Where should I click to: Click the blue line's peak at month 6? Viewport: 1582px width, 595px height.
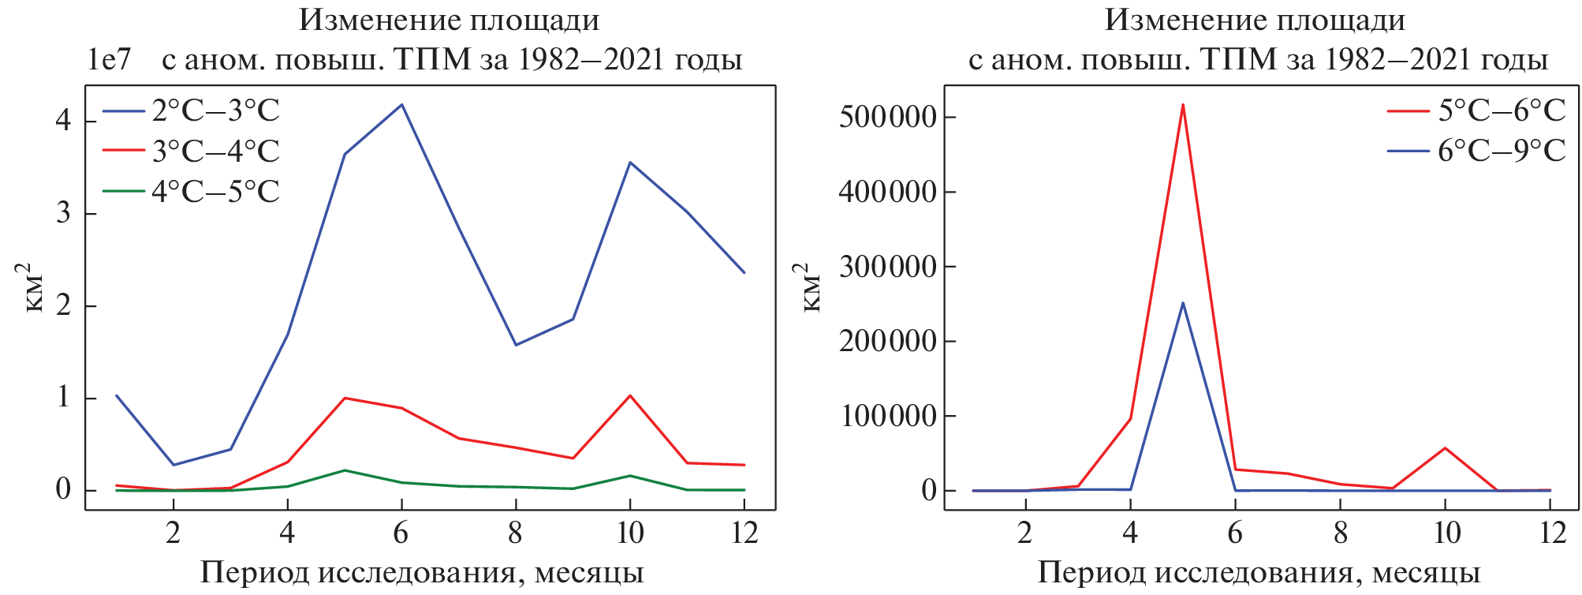pyautogui.click(x=401, y=104)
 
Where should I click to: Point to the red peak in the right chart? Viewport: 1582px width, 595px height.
pyautogui.click(x=1183, y=104)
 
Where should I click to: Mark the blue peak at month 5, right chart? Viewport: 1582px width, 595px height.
pyautogui.click(x=1183, y=302)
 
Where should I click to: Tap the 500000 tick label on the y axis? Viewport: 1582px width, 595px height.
pyautogui.click(x=887, y=118)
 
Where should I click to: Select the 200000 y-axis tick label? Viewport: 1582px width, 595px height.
pyautogui.click(x=887, y=342)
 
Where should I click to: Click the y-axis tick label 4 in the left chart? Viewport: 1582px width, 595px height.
pyautogui.click(x=63, y=121)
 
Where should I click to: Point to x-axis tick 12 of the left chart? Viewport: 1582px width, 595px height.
pyautogui.click(x=744, y=534)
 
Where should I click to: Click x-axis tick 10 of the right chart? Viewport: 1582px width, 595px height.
pyautogui.click(x=1446, y=534)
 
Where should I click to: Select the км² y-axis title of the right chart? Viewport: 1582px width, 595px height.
pyautogui.click(x=812, y=288)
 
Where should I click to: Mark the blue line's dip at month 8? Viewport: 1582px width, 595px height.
pyautogui.click(x=516, y=345)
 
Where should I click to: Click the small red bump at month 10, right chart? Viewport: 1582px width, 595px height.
pyautogui.click(x=1446, y=448)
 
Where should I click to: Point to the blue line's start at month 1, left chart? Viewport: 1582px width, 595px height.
pyautogui.click(x=117, y=395)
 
